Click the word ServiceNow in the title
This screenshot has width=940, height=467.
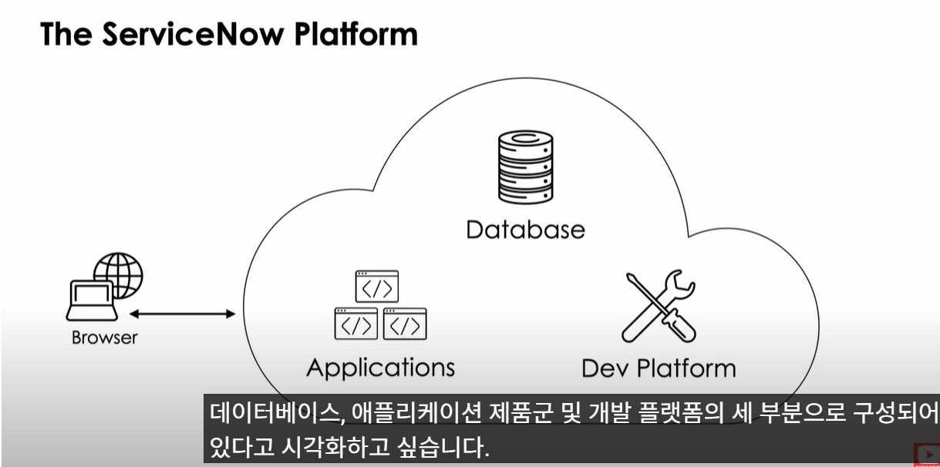point(193,34)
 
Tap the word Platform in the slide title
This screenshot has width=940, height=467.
point(355,34)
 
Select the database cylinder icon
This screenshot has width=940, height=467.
point(525,167)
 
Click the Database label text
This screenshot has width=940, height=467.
point(525,230)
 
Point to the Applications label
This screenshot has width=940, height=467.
point(381,368)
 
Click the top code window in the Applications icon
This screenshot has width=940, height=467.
point(377,286)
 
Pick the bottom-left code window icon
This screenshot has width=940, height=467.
point(355,324)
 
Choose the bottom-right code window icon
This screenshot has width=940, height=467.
point(405,324)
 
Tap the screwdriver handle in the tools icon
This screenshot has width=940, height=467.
point(679,326)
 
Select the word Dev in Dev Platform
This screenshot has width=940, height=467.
point(605,368)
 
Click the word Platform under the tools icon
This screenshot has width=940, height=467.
point(686,368)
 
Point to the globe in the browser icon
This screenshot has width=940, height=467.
point(119,274)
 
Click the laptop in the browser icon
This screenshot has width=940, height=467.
point(92,301)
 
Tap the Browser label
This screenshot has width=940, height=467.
point(105,338)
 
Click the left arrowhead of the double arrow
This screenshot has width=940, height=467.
point(134,314)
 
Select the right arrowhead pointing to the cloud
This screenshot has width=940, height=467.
point(231,314)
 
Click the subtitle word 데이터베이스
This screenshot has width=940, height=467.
point(275,413)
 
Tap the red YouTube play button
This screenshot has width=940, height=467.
point(927,455)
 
